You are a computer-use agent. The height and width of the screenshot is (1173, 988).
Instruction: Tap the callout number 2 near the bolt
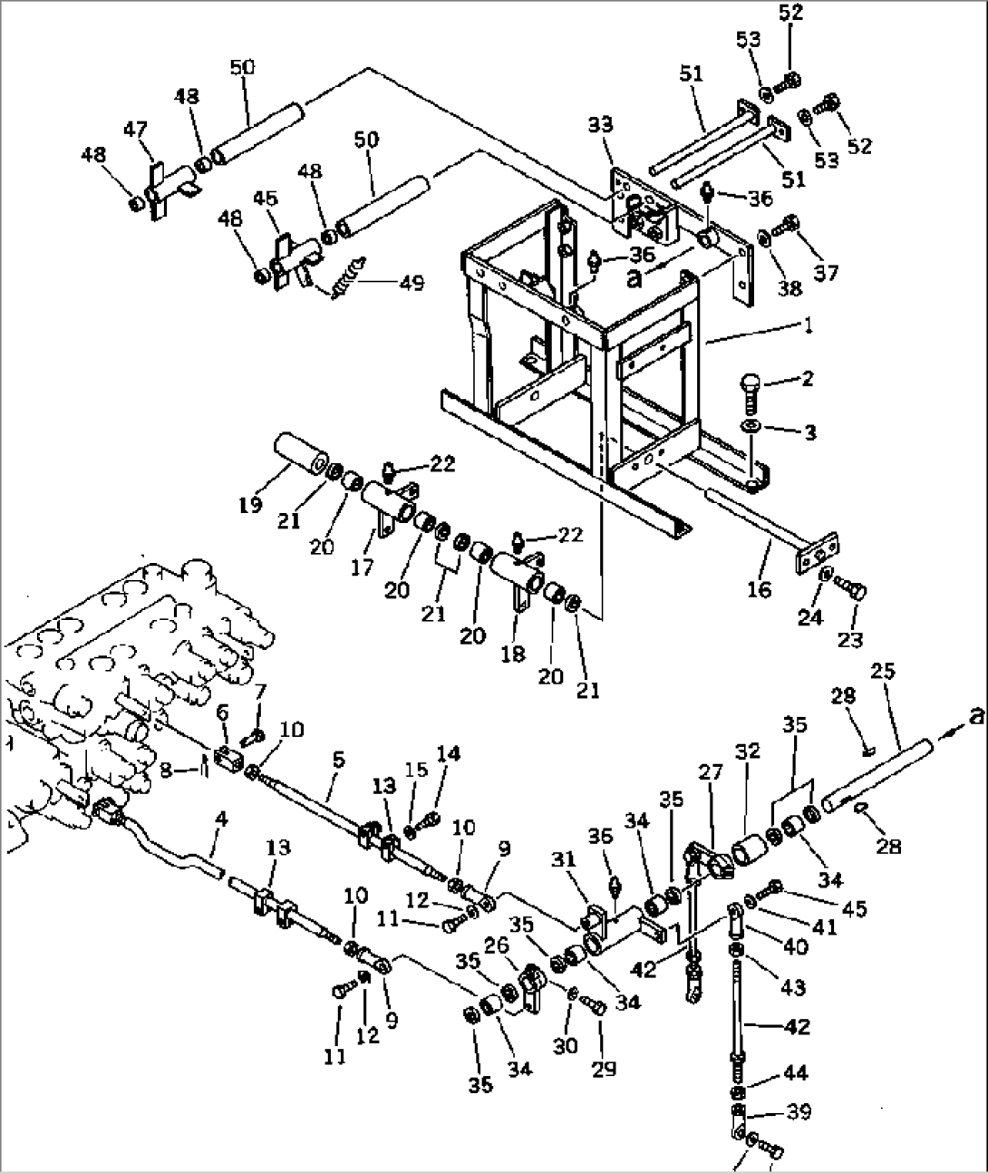pyautogui.click(x=805, y=379)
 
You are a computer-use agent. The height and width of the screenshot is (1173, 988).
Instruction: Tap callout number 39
pyautogui.click(x=799, y=1111)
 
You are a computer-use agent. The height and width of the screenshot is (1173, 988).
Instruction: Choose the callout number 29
pyautogui.click(x=603, y=1069)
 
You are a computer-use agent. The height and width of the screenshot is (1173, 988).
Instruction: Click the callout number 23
pyautogui.click(x=849, y=641)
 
